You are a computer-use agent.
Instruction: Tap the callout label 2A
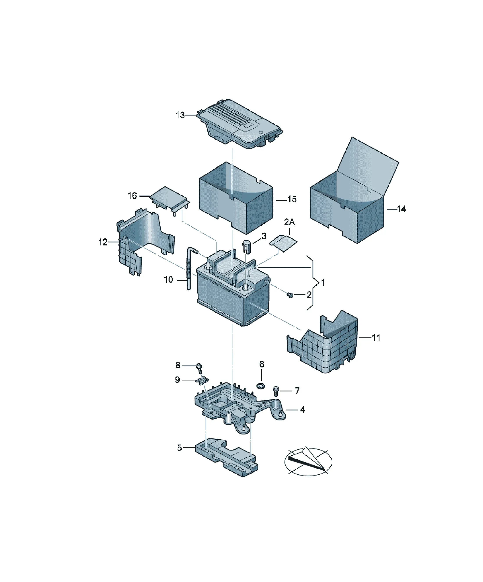click(289, 222)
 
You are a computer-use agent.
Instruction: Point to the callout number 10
click(168, 280)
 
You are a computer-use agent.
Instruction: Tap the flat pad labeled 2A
click(283, 243)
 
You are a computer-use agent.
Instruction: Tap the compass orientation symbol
click(308, 461)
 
